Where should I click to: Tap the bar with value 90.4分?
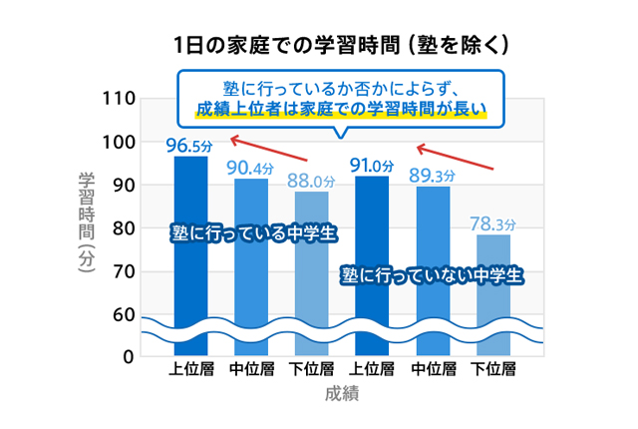tap(250, 269)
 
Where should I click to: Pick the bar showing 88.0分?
tap(311, 274)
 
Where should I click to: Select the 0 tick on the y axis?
tap(129, 356)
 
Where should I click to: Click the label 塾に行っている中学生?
tap(252, 232)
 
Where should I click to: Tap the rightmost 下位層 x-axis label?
tap(492, 369)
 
